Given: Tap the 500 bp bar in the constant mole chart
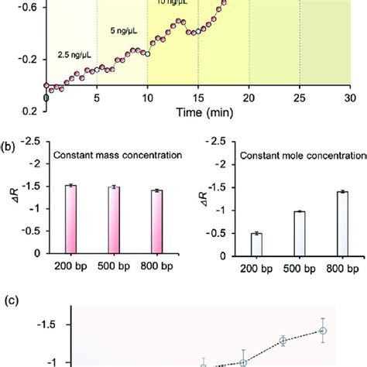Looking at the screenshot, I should [x=299, y=232].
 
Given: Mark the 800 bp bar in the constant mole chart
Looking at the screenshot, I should [x=341, y=221].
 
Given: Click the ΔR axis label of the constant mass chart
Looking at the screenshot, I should [x=11, y=201].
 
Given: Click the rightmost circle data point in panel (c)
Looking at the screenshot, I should [x=323, y=331].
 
